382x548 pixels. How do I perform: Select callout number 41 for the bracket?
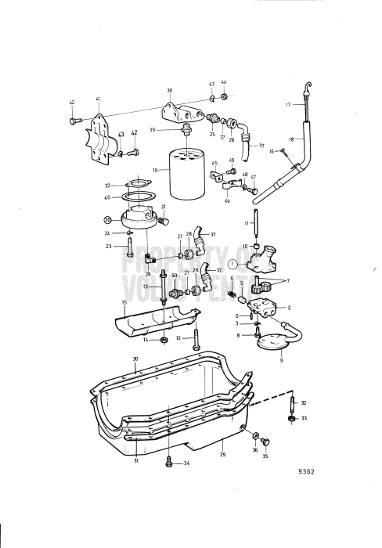[98, 99]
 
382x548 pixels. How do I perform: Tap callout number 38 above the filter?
[170, 90]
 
